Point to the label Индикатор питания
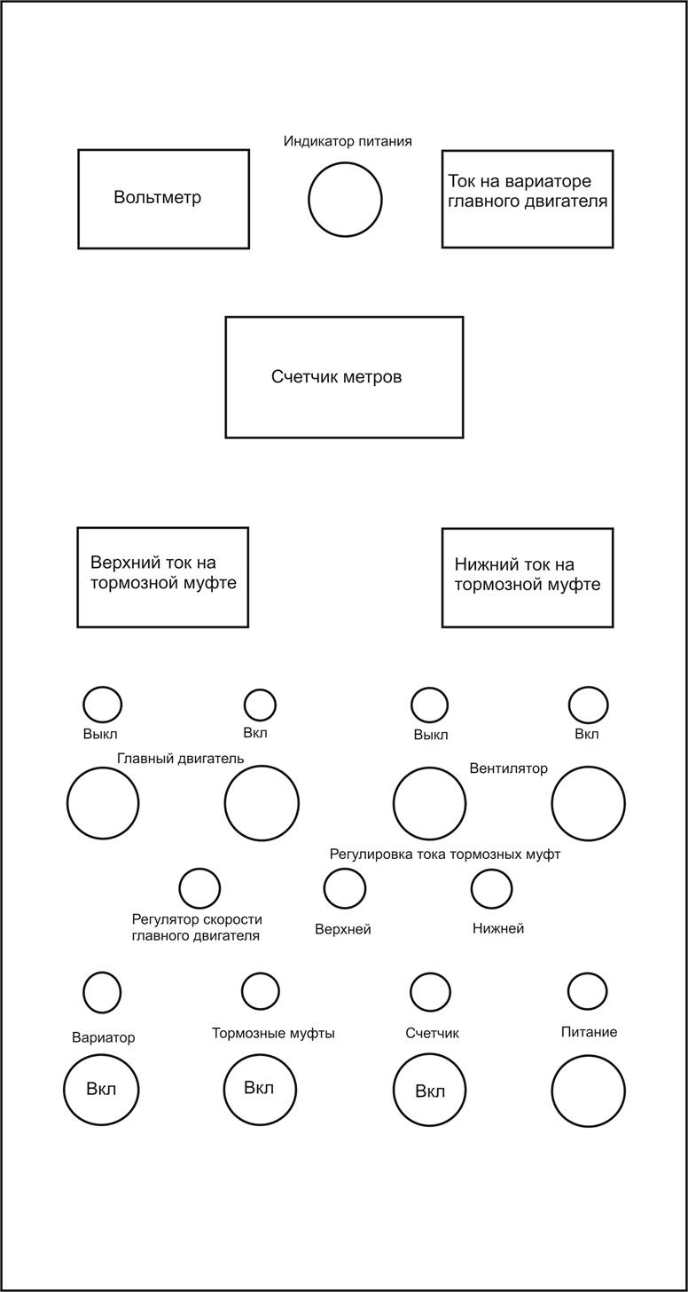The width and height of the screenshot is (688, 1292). (x=348, y=141)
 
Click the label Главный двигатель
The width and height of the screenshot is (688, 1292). (x=180, y=759)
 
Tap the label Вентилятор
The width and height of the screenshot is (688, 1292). (x=508, y=768)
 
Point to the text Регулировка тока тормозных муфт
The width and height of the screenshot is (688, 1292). (x=445, y=855)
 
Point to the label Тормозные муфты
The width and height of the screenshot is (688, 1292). (x=273, y=1033)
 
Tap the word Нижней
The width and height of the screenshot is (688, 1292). (x=498, y=928)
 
